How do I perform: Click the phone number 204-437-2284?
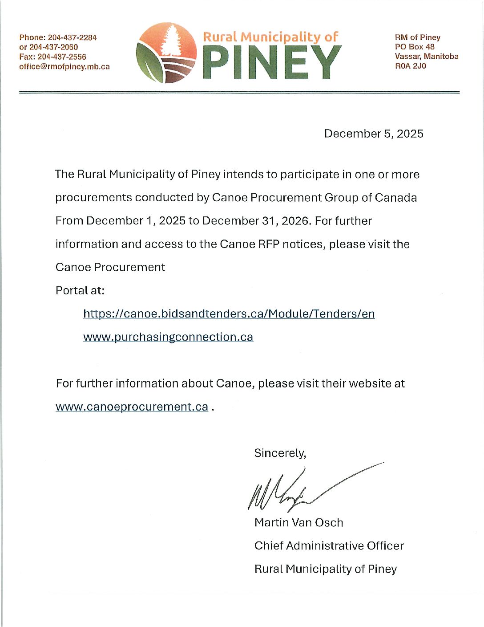pyautogui.click(x=72, y=37)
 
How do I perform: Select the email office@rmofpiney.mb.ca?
pyautogui.click(x=65, y=67)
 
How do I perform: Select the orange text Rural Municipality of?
pyautogui.click(x=270, y=37)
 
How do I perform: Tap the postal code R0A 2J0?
pyautogui.click(x=410, y=66)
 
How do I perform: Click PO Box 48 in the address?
pyautogui.click(x=415, y=47)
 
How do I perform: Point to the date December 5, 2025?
pyautogui.click(x=374, y=134)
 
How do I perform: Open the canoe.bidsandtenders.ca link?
pyautogui.click(x=229, y=314)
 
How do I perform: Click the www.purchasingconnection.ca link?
pyautogui.click(x=168, y=337)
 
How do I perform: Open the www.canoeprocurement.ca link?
pyautogui.click(x=132, y=407)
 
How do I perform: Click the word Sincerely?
pyautogui.click(x=280, y=453)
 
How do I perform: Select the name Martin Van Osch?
pyautogui.click(x=298, y=522)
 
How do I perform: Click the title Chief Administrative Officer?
pyautogui.click(x=329, y=546)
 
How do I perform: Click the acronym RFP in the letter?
pyautogui.click(x=269, y=244)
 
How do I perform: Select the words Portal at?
pyautogui.click(x=80, y=290)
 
